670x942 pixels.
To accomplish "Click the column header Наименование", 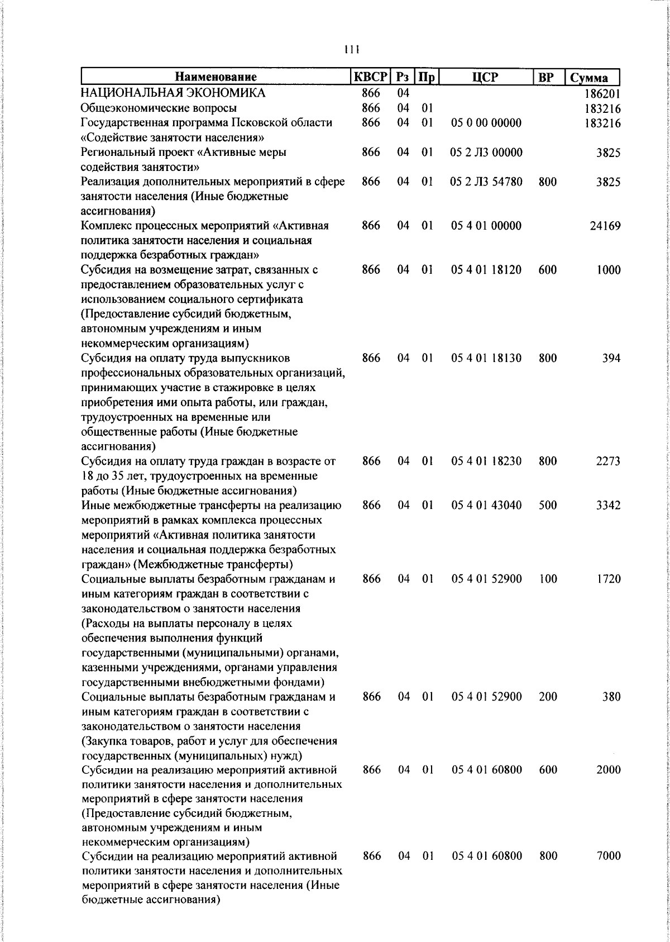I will click(x=216, y=77).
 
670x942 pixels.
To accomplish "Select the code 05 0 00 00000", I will click(x=486, y=123).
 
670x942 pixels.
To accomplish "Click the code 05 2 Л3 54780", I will click(x=486, y=182).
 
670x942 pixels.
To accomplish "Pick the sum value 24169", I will click(x=605, y=226).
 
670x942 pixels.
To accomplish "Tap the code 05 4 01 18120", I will click(x=486, y=270).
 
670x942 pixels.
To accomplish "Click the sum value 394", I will click(x=611, y=358).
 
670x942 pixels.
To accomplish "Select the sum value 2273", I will click(x=608, y=462).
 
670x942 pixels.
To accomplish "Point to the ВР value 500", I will click(x=548, y=505).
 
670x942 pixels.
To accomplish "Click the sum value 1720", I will click(x=608, y=579).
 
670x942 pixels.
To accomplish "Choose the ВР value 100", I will click(x=548, y=579).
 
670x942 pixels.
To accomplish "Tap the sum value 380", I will click(x=611, y=697).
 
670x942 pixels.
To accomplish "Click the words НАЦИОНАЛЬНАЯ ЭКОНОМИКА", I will click(x=173, y=93).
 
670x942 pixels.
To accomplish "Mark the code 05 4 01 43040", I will click(x=486, y=505).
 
